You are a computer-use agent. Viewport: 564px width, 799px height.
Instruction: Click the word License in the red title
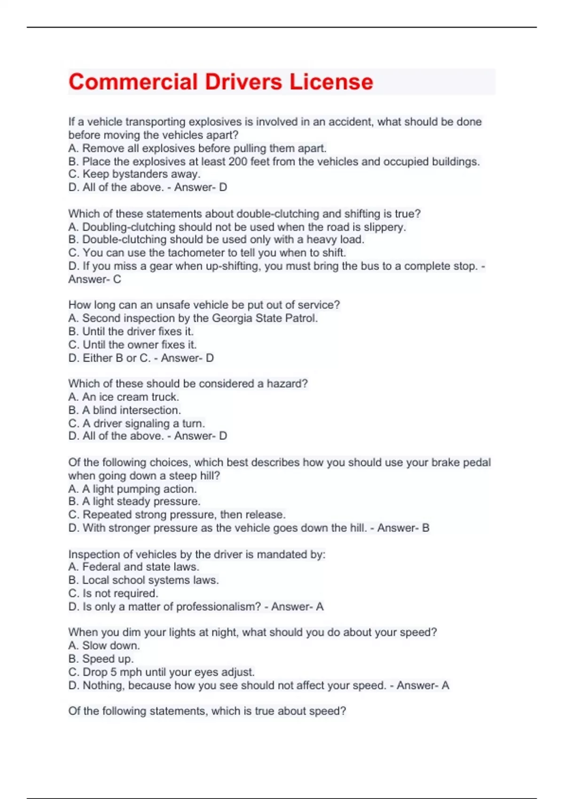(331, 82)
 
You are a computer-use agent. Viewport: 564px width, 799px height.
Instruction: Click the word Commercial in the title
(133, 82)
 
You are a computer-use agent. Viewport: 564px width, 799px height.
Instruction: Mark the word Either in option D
(97, 358)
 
